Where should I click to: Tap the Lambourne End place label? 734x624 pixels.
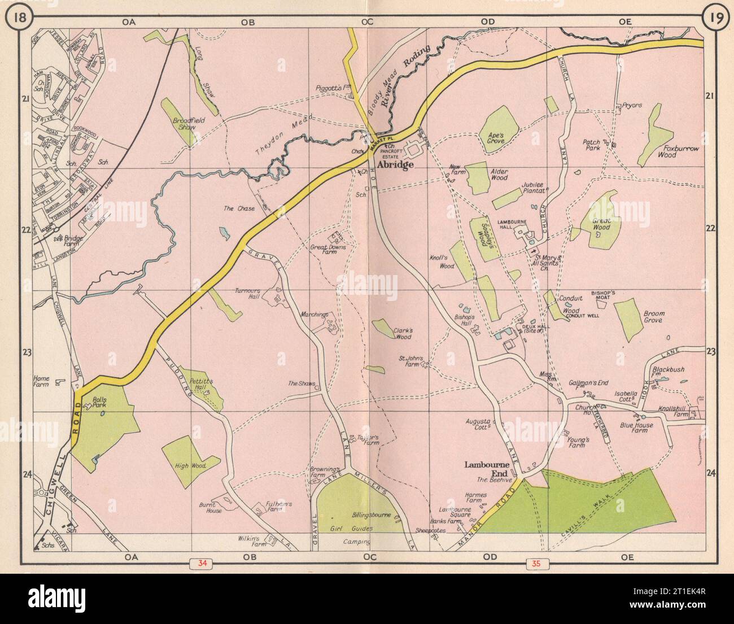[x=487, y=469]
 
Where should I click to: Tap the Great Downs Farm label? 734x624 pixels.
[x=327, y=250]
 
